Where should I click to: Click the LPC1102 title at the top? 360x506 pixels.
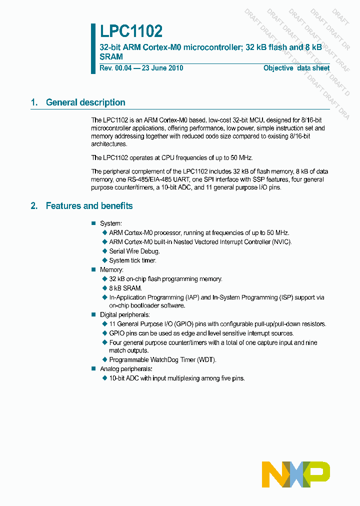(131, 32)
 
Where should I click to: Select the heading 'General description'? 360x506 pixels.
(85, 102)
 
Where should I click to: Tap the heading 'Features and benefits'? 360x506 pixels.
(89, 206)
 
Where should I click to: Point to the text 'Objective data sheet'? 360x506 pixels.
(296, 68)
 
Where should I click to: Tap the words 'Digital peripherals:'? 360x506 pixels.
(125, 315)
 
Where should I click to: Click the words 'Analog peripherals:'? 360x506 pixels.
(126, 369)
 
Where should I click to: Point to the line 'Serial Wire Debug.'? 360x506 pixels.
(134, 251)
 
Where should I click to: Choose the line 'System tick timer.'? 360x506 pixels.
(133, 260)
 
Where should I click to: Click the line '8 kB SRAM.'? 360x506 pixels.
(125, 288)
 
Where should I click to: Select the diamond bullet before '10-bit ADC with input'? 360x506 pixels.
(105, 378)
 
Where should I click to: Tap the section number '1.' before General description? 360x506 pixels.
(34, 102)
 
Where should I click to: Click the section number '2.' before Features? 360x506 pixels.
(34, 206)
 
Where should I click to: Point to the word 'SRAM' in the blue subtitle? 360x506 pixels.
(111, 57)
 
